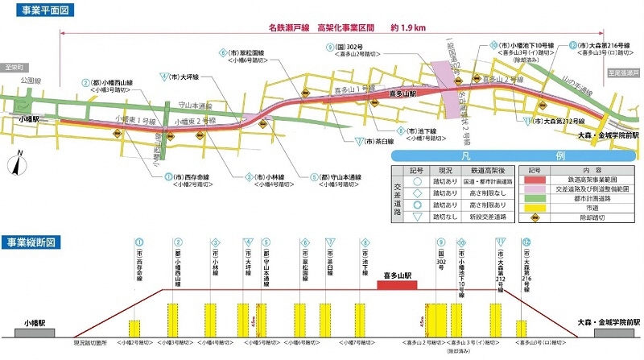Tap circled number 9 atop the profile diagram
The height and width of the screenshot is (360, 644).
click(x=441, y=242)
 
